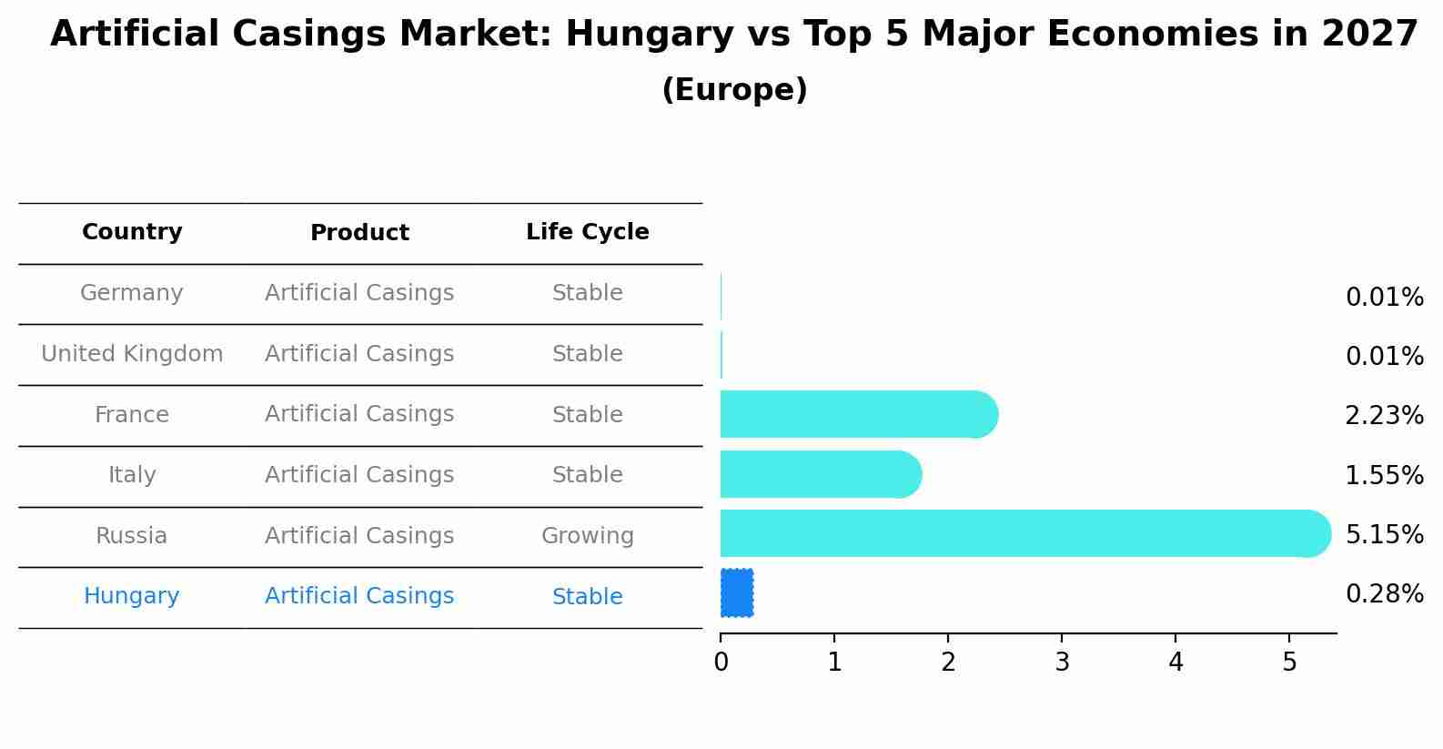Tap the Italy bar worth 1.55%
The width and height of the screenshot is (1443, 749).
coord(820,474)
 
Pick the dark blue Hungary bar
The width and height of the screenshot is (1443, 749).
coord(737,592)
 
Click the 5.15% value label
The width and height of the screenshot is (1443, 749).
coord(1384,534)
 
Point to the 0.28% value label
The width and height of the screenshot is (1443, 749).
coord(1384,594)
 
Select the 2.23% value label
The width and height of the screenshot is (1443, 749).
coord(1384,416)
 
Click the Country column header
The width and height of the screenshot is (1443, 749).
coord(132,232)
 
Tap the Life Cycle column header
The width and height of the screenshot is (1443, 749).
coord(587,232)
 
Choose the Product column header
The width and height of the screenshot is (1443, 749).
coord(359,233)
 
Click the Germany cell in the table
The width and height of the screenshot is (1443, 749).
coord(132,293)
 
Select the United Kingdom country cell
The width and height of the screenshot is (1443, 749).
coord(132,354)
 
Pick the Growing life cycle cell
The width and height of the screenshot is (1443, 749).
coord(587,536)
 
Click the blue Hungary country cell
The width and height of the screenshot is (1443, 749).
coord(132,596)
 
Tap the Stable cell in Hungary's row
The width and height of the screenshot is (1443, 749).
coord(587,597)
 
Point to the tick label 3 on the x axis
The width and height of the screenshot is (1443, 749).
coord(1062,663)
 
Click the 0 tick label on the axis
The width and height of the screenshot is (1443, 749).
coord(721,663)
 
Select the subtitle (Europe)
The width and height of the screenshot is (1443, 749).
coord(734,90)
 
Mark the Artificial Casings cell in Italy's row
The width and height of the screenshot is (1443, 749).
coord(359,475)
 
